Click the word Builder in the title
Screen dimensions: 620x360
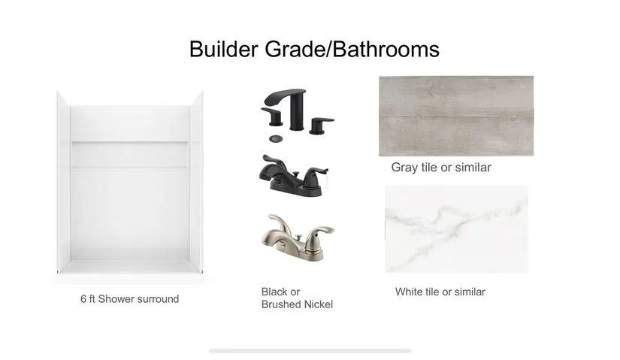click(x=223, y=50)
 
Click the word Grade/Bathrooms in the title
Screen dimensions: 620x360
click(x=352, y=50)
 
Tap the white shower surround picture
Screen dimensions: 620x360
click(x=130, y=182)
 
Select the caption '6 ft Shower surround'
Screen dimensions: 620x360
click(x=130, y=298)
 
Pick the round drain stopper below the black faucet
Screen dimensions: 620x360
click(x=276, y=138)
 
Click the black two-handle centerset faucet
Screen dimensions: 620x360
click(x=294, y=176)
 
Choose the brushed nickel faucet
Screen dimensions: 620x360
click(x=298, y=237)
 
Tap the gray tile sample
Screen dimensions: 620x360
click(x=456, y=116)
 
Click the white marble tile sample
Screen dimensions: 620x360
click(x=456, y=229)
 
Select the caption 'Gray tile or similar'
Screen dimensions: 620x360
click(x=441, y=168)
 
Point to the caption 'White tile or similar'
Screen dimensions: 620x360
click(x=440, y=292)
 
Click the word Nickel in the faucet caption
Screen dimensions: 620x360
click(x=319, y=304)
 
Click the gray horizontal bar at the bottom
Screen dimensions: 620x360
click(x=310, y=350)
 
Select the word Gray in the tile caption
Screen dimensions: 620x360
click(x=404, y=168)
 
